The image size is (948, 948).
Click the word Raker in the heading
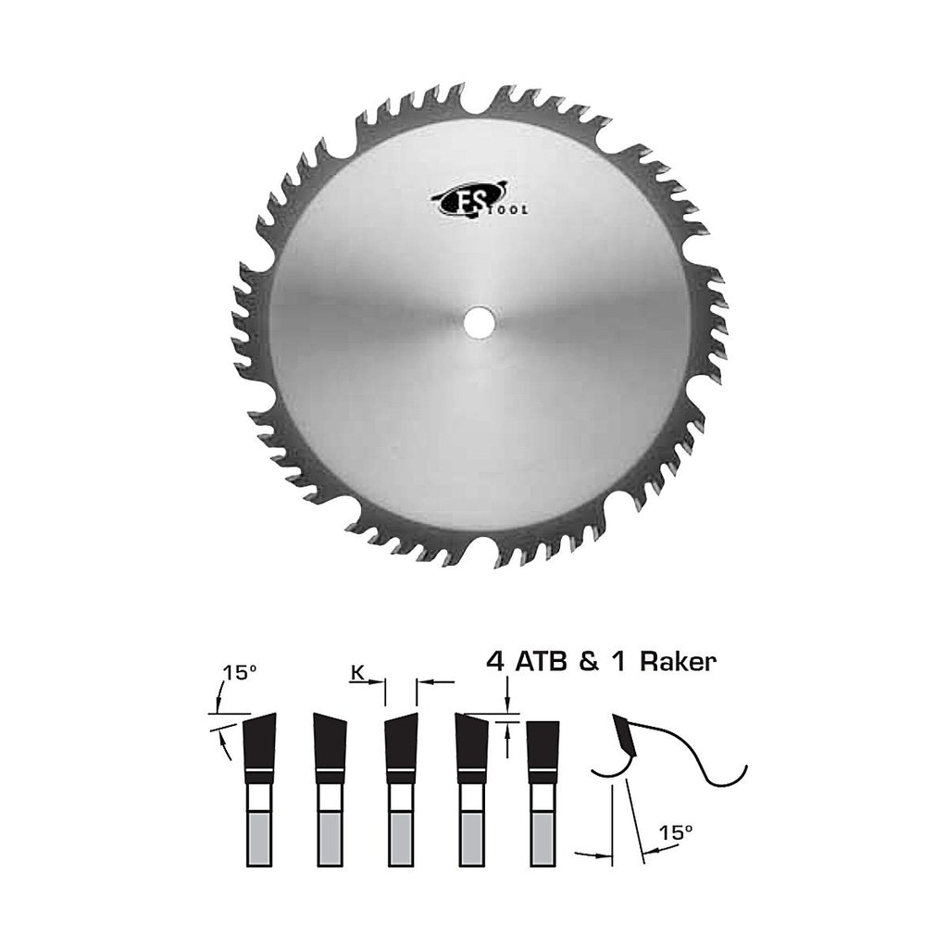point(678,661)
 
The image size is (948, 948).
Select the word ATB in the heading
point(541,661)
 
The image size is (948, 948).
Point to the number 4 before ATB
point(496,661)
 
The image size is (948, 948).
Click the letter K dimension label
point(357,672)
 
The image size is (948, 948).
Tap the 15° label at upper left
point(239,673)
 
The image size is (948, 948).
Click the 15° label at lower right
point(675,832)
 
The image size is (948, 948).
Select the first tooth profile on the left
point(259,789)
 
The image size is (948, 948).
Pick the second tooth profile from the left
point(331,789)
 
